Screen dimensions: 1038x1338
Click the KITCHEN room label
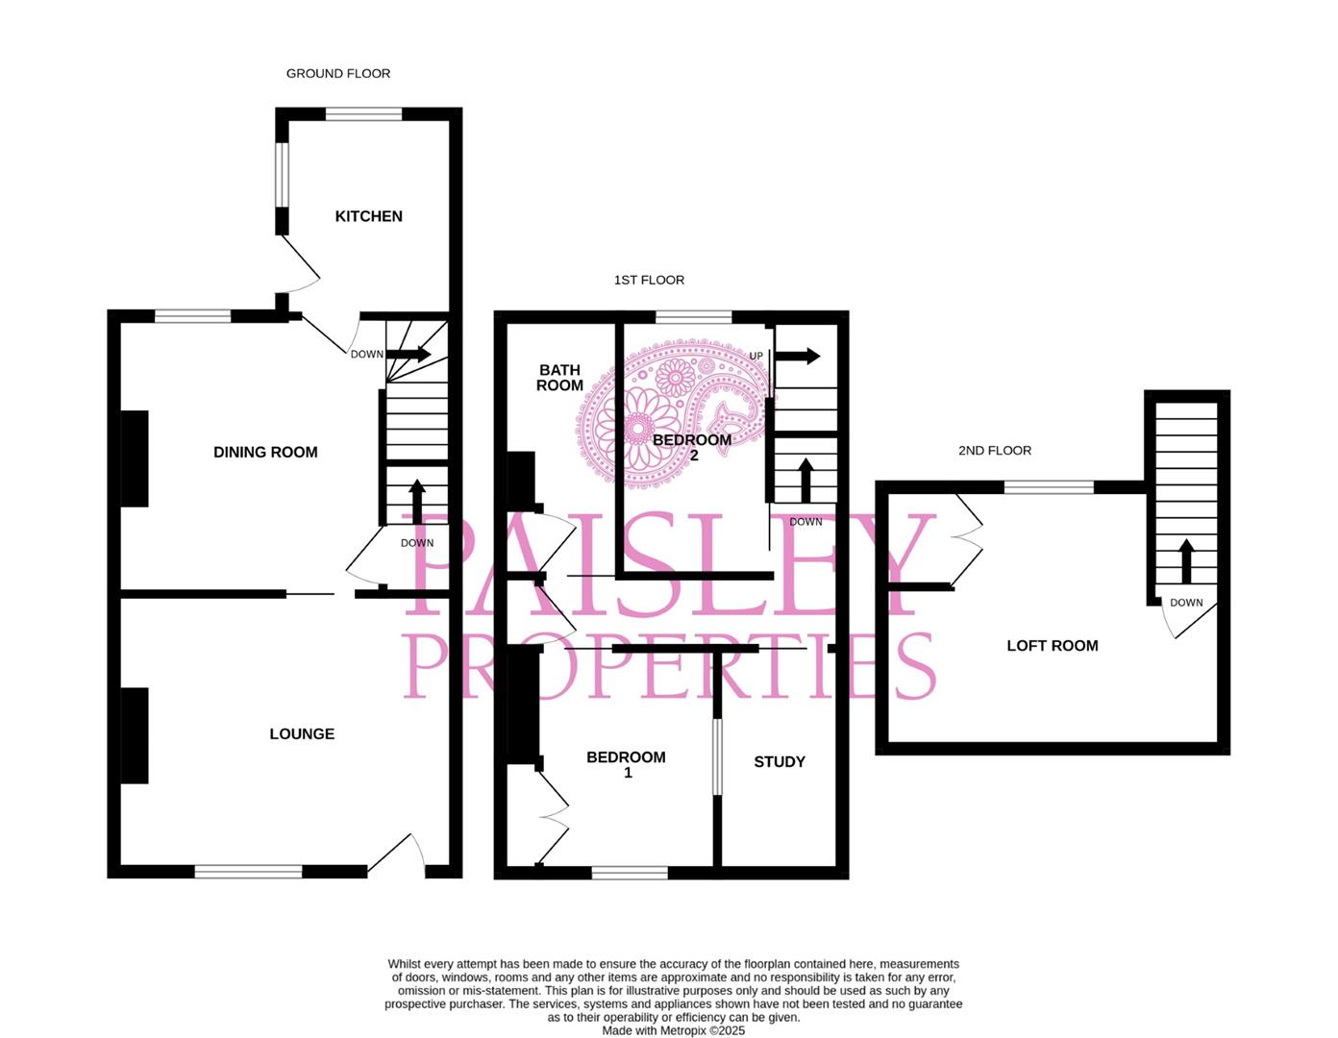pyautogui.click(x=368, y=216)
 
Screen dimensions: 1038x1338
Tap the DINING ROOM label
pyautogui.click(x=265, y=452)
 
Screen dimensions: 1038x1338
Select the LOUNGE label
pyautogui.click(x=302, y=733)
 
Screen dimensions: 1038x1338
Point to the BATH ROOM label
pyautogui.click(x=559, y=378)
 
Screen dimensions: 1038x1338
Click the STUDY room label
pyautogui.click(x=779, y=761)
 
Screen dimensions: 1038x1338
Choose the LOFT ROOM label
pyautogui.click(x=1052, y=646)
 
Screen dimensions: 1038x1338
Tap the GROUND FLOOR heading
pyautogui.click(x=338, y=73)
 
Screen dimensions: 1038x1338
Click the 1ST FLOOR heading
pyautogui.click(x=649, y=280)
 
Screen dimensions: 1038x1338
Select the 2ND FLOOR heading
pyautogui.click(x=994, y=450)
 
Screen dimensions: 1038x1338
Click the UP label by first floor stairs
pyautogui.click(x=756, y=356)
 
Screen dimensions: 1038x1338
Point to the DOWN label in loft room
pyautogui.click(x=1186, y=603)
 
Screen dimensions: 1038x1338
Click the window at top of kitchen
pyautogui.click(x=363, y=114)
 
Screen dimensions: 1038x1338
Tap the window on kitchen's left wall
pyautogui.click(x=283, y=174)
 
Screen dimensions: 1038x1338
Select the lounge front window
pyautogui.click(x=248, y=872)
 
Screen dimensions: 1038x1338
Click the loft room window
pyautogui.click(x=1049, y=487)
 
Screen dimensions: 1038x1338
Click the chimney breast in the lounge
pyautogui.click(x=135, y=735)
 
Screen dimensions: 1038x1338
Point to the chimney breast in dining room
pyautogui.click(x=135, y=457)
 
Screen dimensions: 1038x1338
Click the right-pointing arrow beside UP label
pyautogui.click(x=798, y=356)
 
